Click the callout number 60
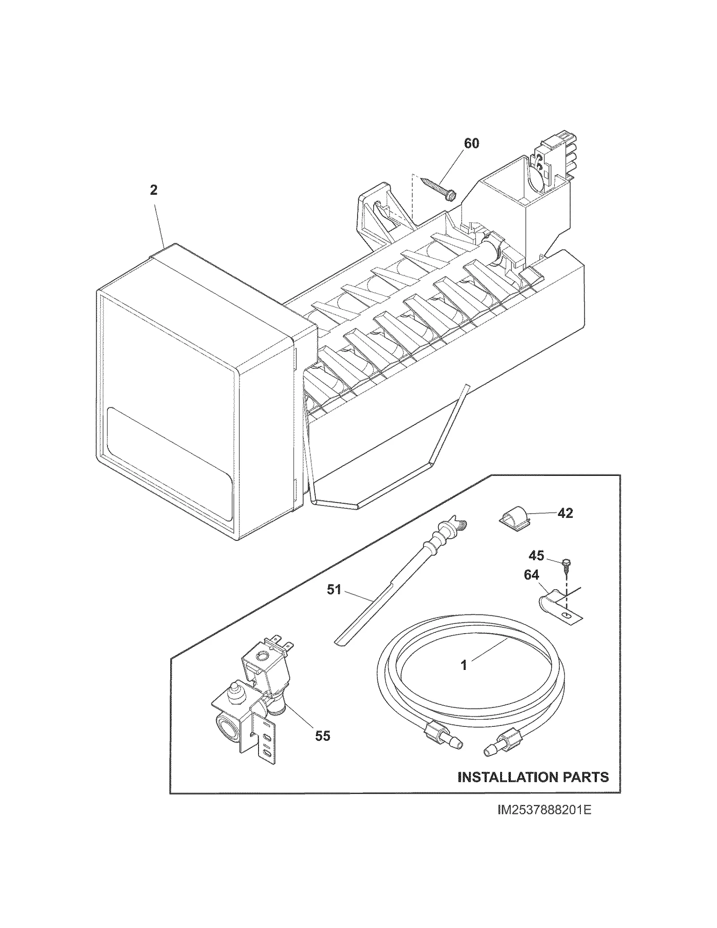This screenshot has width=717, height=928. tap(471, 144)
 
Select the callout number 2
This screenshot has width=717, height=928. tap(153, 190)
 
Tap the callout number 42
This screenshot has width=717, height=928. tap(565, 513)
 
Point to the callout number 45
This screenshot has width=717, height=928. tap(536, 556)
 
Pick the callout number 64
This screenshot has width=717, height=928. tap(531, 575)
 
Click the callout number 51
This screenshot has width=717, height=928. tap(334, 590)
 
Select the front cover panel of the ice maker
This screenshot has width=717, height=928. tap(170, 408)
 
